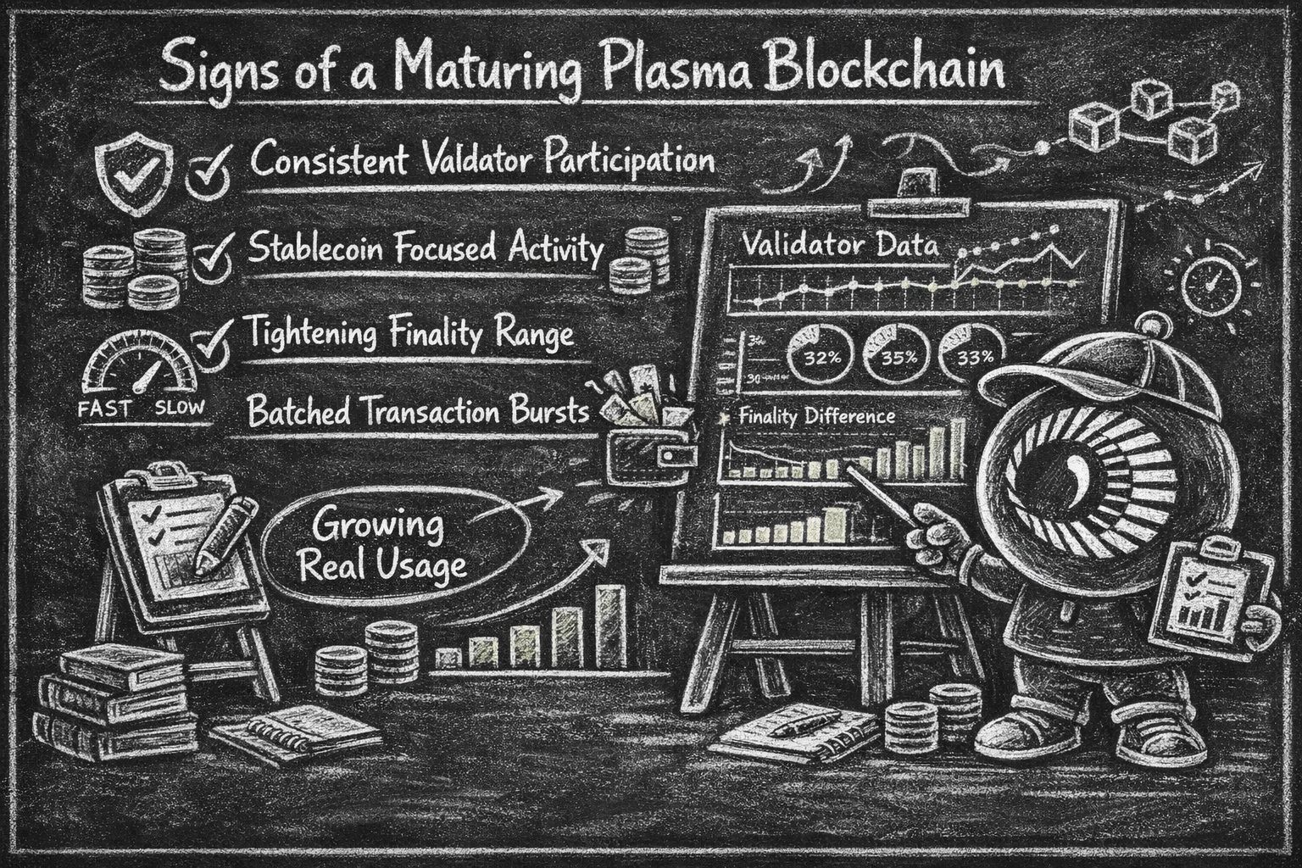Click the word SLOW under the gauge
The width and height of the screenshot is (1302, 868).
(x=180, y=408)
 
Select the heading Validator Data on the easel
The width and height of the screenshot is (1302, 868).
(x=840, y=246)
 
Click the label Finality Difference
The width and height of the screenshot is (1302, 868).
(x=816, y=417)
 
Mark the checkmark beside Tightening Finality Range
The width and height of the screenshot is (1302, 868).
(x=211, y=344)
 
